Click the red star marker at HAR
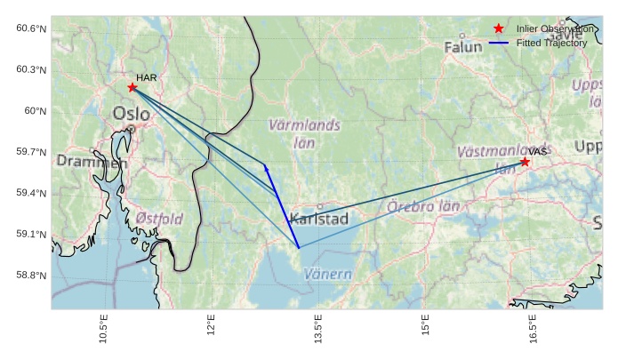click(x=132, y=87)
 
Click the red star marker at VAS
click(x=525, y=162)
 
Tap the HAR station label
click(x=147, y=78)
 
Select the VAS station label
click(x=538, y=152)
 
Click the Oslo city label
click(x=132, y=114)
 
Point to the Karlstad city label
click(x=319, y=219)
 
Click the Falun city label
click(x=463, y=46)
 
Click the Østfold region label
click(x=159, y=219)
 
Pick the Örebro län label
click(x=424, y=207)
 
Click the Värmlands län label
click(x=304, y=133)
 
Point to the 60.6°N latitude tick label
click(x=31, y=28)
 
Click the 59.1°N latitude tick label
click(x=31, y=235)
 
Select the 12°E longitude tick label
click(x=211, y=328)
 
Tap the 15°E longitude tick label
click(x=425, y=328)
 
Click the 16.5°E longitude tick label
click(x=532, y=328)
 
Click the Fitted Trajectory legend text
click(x=551, y=43)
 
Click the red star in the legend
click(x=499, y=29)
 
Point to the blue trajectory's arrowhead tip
click(x=265, y=164)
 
